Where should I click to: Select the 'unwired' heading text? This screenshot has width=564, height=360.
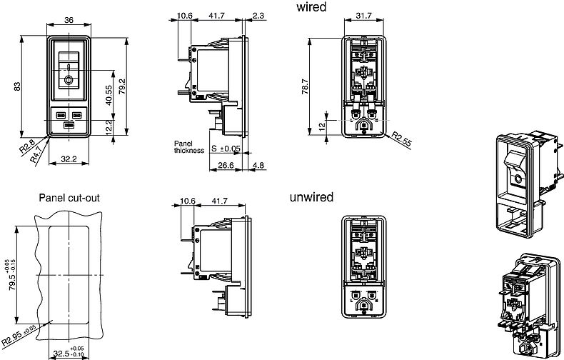[311, 197]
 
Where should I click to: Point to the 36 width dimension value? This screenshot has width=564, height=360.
[70, 19]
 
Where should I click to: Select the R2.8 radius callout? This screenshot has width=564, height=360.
[27, 149]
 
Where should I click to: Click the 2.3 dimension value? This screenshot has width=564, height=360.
[258, 15]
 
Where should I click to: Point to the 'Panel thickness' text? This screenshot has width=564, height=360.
[188, 146]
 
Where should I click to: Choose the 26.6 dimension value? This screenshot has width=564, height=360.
[226, 165]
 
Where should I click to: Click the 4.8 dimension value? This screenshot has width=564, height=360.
[259, 165]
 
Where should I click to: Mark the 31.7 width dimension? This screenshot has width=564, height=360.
[363, 16]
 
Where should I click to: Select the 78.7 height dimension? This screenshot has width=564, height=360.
[305, 87]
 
